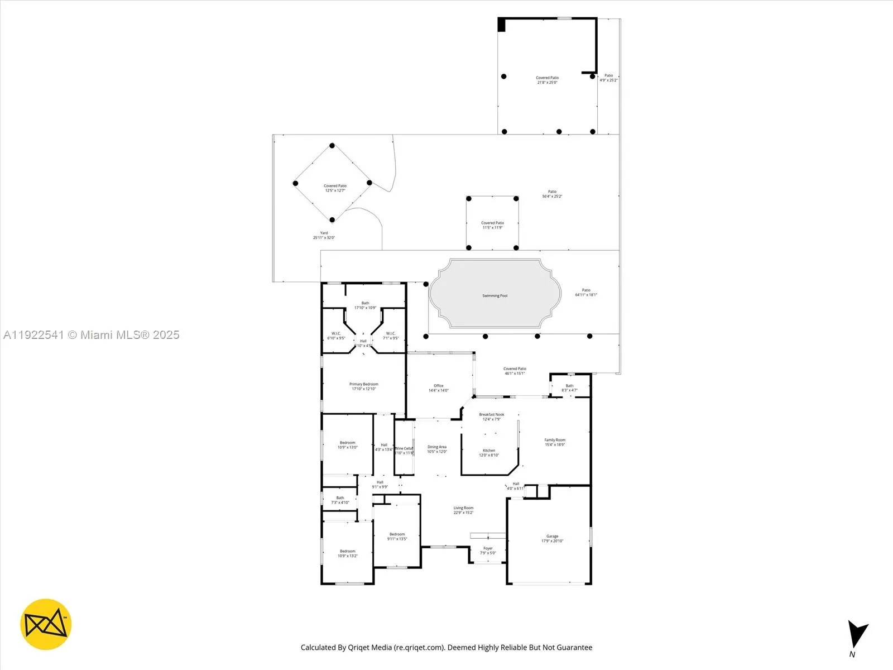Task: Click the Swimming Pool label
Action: [x=494, y=296]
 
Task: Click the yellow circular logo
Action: [x=46, y=624]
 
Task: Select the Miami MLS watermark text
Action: [x=91, y=335]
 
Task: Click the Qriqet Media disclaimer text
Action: [x=446, y=648]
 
